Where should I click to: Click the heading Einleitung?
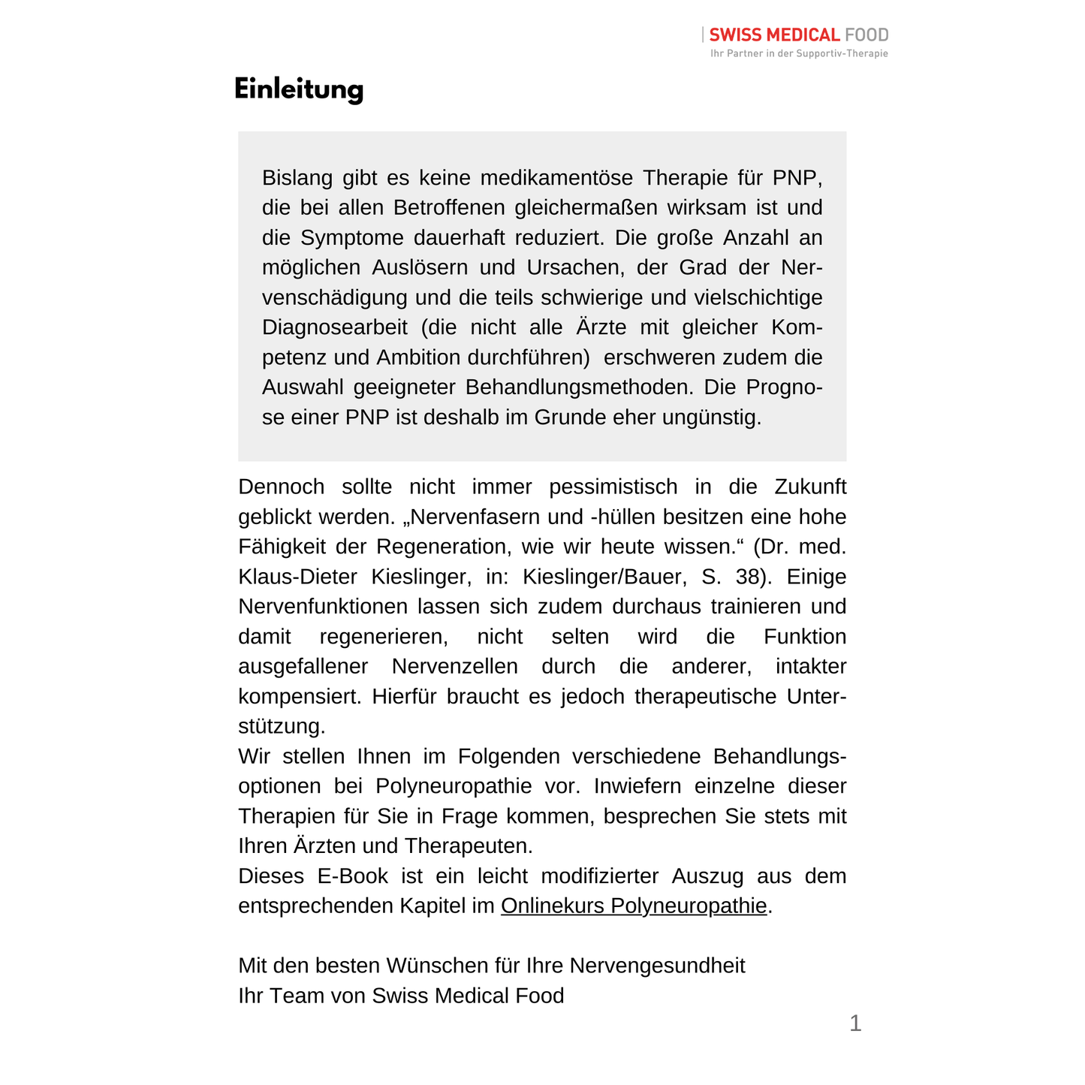299,89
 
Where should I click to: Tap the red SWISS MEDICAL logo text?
773,35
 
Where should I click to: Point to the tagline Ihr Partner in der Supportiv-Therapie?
799,53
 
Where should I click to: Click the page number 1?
855,1023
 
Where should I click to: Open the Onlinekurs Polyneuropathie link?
634,906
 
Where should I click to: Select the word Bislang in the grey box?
297,178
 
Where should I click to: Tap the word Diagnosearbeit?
335,328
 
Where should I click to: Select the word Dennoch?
281,487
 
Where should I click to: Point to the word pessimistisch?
613,487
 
